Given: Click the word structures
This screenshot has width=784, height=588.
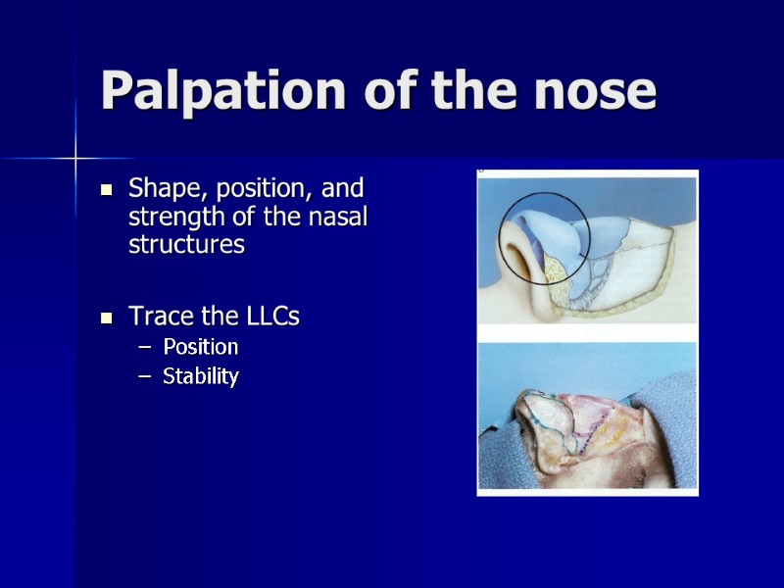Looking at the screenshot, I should [186, 245].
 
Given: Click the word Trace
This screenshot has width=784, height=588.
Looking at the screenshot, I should [157, 317].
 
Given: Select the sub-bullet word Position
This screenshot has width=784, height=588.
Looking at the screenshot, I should [200, 347].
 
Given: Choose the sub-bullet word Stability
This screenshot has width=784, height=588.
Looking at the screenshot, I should [200, 376].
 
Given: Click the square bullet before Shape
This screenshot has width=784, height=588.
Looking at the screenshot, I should [108, 188].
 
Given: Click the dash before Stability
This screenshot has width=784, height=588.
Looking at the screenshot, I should [144, 377].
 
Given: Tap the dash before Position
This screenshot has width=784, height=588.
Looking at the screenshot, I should [144, 348].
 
